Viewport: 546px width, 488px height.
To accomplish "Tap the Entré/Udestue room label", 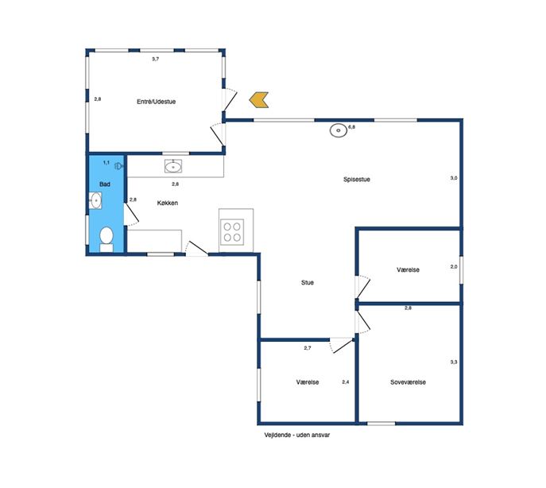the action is pyautogui.click(x=156, y=102).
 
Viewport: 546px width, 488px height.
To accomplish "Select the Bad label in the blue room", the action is pyautogui.click(x=105, y=184).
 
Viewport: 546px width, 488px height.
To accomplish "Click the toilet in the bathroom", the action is pyautogui.click(x=106, y=239).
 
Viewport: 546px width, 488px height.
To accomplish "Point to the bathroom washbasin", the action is pyautogui.click(x=95, y=200).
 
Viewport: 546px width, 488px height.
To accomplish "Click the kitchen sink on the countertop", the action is pyautogui.click(x=173, y=166).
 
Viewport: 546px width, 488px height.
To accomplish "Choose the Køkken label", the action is pyautogui.click(x=168, y=203).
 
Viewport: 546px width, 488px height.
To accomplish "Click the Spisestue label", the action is pyautogui.click(x=357, y=180).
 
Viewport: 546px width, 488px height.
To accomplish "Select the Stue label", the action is pyautogui.click(x=308, y=282).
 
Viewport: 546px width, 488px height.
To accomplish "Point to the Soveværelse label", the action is pyautogui.click(x=408, y=382).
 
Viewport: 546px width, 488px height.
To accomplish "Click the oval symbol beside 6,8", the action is pyautogui.click(x=338, y=130).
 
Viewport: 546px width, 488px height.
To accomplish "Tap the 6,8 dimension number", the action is pyautogui.click(x=352, y=127).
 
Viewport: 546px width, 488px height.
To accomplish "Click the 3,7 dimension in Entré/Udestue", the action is pyautogui.click(x=155, y=59).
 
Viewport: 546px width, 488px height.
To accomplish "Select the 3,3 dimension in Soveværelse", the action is pyautogui.click(x=454, y=362).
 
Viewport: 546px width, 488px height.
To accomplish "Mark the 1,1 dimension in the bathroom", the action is pyautogui.click(x=106, y=162).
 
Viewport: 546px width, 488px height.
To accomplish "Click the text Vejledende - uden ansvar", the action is pyautogui.click(x=297, y=435).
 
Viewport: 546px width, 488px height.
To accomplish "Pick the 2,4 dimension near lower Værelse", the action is pyautogui.click(x=346, y=381).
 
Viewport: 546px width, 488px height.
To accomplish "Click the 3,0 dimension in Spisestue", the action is pyautogui.click(x=454, y=178).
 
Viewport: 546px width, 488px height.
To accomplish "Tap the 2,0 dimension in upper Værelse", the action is pyautogui.click(x=454, y=267).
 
